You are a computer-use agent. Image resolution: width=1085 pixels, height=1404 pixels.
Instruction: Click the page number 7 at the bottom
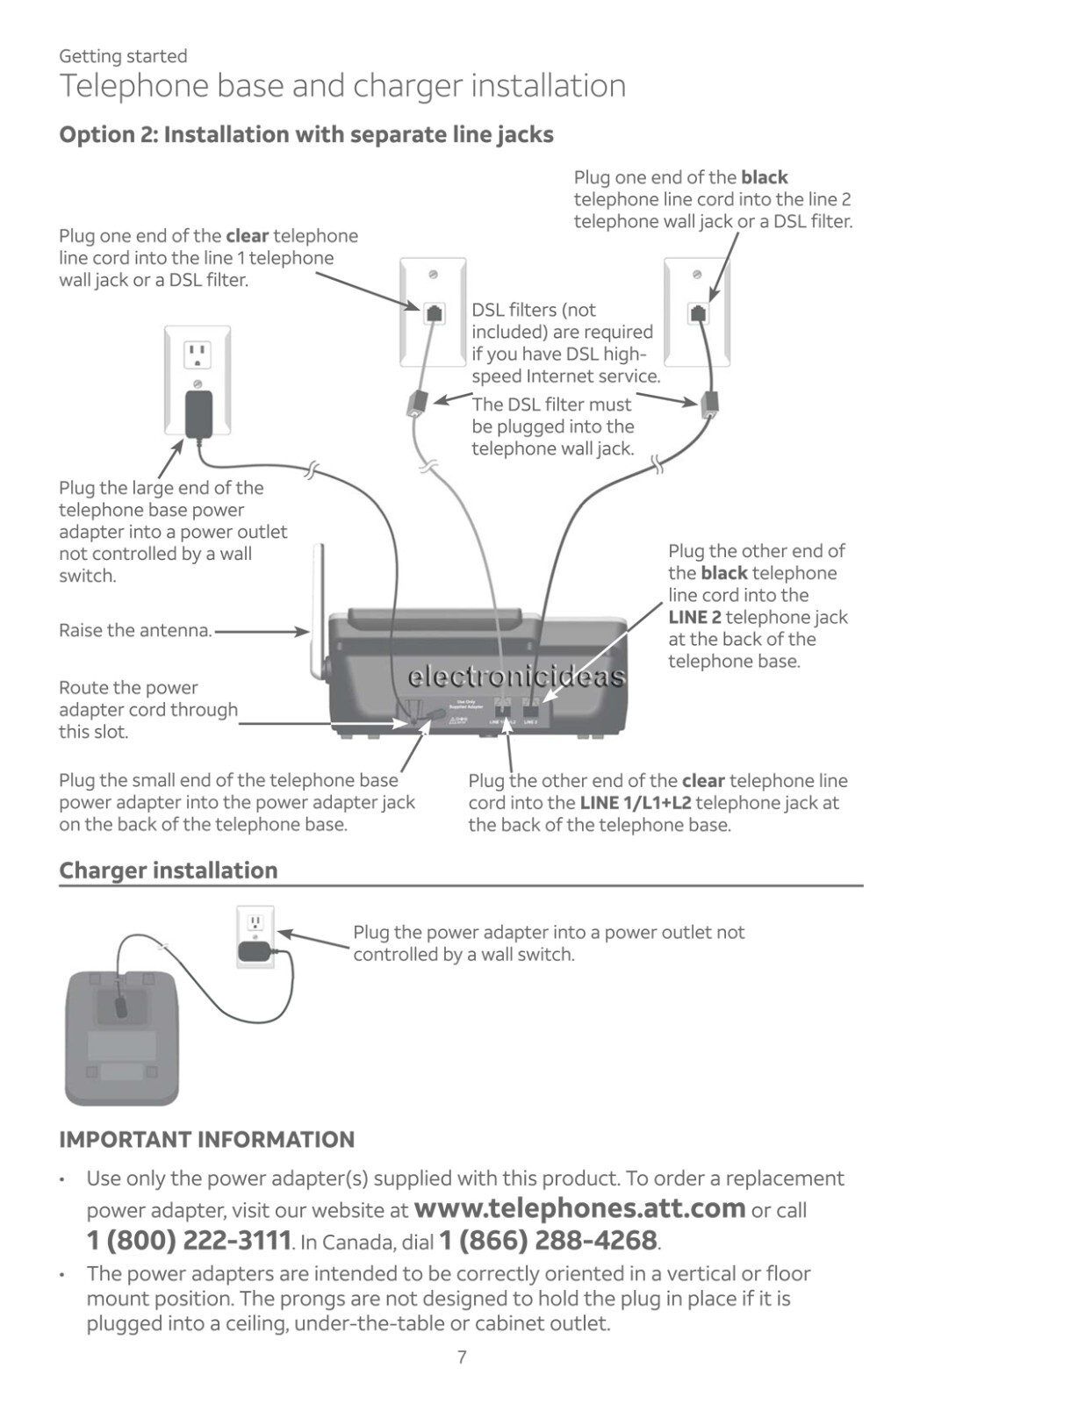(x=462, y=1357)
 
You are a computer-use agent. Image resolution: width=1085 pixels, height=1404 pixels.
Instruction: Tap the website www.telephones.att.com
(x=579, y=1208)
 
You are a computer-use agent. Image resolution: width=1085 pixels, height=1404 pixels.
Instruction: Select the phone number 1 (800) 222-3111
(x=189, y=1241)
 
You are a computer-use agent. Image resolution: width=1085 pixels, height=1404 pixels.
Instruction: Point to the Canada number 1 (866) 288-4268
(x=548, y=1241)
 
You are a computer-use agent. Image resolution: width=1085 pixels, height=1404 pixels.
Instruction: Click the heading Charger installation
(x=168, y=870)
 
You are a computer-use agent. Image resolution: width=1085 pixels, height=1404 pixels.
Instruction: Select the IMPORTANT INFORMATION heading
(x=206, y=1140)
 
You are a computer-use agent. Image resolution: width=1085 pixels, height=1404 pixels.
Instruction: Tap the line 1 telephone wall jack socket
(x=434, y=312)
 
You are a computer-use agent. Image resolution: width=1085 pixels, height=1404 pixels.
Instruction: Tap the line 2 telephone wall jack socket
(x=698, y=312)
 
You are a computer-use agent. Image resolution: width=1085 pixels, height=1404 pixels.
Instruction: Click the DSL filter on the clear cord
(x=415, y=404)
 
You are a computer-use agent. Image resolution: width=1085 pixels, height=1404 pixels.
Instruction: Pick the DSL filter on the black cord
(x=709, y=403)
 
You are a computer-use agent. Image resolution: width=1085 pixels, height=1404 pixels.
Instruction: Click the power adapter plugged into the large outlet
(x=198, y=413)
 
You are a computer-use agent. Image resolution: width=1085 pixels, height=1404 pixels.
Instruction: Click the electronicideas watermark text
(x=516, y=677)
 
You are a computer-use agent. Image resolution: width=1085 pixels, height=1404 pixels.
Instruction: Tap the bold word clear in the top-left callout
(x=247, y=236)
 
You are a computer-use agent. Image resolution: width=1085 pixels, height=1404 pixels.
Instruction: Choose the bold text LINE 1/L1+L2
(x=635, y=803)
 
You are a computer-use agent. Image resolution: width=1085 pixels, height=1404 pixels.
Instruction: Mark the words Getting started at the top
(x=123, y=56)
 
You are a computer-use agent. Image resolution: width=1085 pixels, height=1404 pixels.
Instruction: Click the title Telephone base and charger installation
(x=342, y=86)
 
